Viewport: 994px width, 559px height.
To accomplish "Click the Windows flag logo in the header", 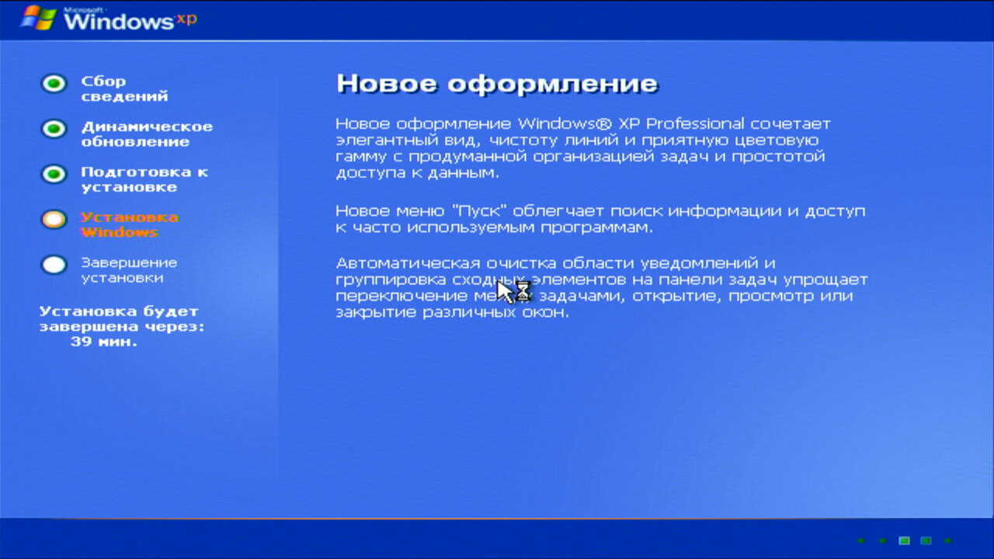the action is pos(39,18).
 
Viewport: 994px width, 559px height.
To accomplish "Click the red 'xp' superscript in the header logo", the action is pos(187,19).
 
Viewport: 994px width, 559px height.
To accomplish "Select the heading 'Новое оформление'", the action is pos(497,83).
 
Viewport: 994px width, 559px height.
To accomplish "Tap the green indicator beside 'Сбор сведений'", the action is pos(54,83).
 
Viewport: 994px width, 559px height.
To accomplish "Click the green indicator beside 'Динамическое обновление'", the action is pos(54,129).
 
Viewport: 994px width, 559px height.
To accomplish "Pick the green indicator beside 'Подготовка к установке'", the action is pos(54,174).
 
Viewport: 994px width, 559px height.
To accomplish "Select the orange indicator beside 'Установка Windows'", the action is pos(54,219).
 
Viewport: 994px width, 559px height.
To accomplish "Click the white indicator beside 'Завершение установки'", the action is pos(54,265).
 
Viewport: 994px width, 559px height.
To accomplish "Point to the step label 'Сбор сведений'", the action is pos(125,89).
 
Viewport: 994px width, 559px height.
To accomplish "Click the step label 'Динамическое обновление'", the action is pos(147,134).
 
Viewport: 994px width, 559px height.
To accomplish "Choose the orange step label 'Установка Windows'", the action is pos(130,224).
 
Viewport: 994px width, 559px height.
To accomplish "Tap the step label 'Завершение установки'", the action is pos(129,269).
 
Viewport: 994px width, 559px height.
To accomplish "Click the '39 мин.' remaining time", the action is pos(104,342).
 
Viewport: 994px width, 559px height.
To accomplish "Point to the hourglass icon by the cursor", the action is pos(523,291).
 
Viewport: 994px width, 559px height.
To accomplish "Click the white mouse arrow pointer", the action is pos(505,291).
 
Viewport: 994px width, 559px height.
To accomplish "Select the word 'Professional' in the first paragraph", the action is pos(694,123).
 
